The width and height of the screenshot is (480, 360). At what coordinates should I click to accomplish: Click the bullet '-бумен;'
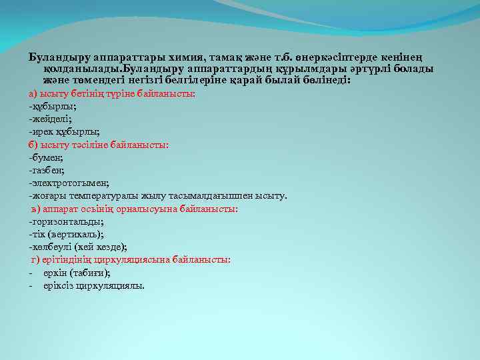pyautogui.click(x=46, y=157)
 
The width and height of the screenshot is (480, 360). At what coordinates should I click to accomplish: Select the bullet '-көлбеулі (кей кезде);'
pyautogui.click(x=78, y=247)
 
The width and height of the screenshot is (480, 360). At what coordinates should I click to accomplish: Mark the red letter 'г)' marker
pyautogui.click(x=35, y=260)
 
